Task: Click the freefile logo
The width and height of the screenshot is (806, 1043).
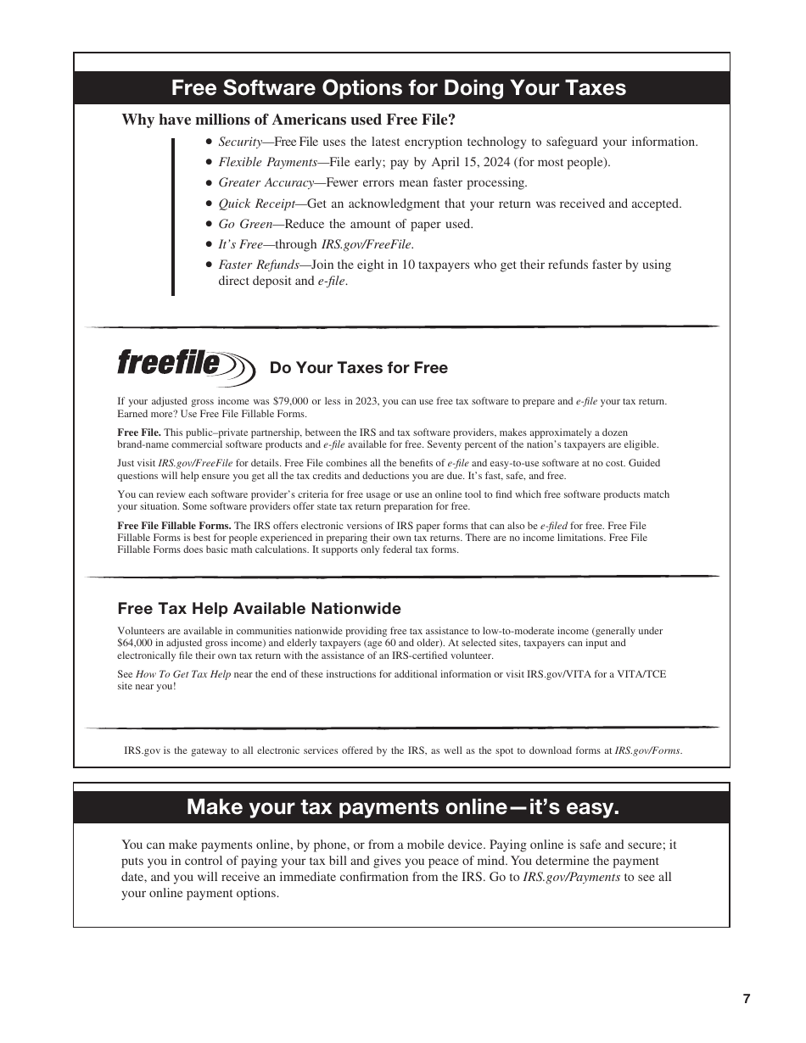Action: [x=185, y=366]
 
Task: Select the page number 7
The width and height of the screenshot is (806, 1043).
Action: [x=747, y=998]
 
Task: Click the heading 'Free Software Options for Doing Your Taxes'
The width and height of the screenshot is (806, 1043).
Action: [x=399, y=88]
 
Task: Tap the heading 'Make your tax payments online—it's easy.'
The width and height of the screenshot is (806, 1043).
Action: [x=402, y=806]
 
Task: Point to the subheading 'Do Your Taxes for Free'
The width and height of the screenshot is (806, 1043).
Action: [x=358, y=368]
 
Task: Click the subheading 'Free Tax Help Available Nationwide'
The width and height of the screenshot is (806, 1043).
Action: [x=259, y=609]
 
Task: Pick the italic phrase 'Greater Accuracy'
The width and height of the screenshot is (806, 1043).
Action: [x=266, y=182]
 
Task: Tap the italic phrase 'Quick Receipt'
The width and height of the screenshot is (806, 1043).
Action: [x=256, y=204]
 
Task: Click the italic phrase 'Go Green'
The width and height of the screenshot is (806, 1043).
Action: [x=244, y=224]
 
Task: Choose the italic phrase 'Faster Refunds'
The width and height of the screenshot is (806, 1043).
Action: [x=259, y=265]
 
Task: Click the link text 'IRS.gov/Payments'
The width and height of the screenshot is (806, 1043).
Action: [x=571, y=877]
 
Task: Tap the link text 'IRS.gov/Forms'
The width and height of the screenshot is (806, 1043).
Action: [x=647, y=750]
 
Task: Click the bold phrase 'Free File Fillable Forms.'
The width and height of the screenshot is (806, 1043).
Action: [x=174, y=526]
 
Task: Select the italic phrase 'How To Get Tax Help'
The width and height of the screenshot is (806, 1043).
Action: [x=183, y=674]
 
